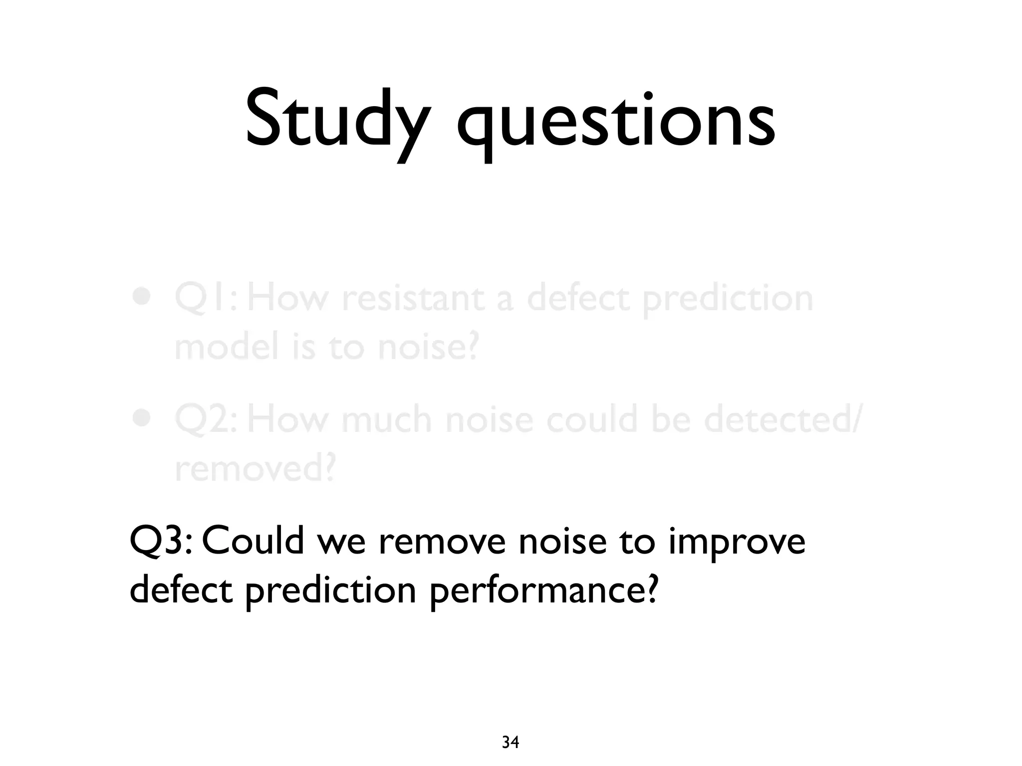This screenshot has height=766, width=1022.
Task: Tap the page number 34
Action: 510,743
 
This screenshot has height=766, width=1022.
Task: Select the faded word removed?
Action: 255,468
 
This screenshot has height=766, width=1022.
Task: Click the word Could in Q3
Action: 253,541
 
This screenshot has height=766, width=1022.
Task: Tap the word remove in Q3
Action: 442,541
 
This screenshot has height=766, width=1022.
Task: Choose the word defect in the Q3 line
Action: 181,589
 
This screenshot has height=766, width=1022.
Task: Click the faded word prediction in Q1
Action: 728,299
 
